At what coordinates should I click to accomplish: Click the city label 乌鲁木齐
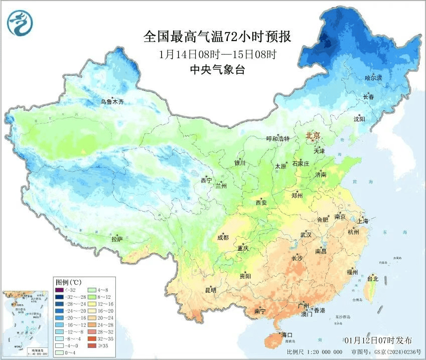tap(112, 102)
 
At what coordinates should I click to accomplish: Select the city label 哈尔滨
tap(373, 78)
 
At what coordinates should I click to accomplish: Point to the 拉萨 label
tap(117, 239)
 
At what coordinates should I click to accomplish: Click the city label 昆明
tap(210, 290)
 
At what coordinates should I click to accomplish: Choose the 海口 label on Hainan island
tap(287, 334)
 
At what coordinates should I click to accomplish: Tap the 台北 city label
tap(373, 278)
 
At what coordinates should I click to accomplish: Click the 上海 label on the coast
tap(362, 221)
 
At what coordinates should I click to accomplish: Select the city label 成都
tap(223, 238)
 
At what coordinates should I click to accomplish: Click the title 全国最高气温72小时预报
tap(217, 37)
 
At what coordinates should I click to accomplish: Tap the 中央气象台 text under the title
tap(217, 70)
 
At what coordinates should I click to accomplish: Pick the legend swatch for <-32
tap(59, 290)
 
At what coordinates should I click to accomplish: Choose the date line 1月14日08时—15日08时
tap(217, 54)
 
